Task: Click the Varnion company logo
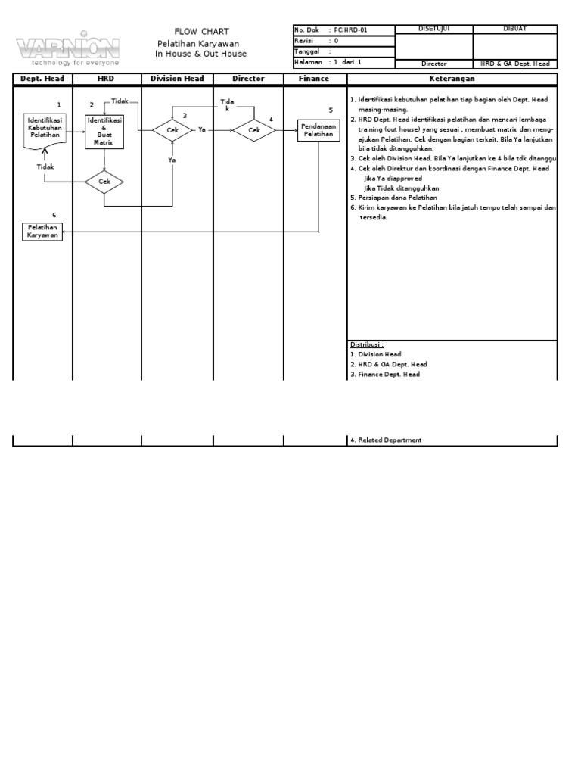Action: [68, 48]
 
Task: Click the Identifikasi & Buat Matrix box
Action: [104, 131]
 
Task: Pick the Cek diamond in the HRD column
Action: [104, 182]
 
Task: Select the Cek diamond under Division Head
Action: [172, 130]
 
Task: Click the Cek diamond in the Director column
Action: [254, 130]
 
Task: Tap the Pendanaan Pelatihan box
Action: [318, 129]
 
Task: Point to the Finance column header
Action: [313, 79]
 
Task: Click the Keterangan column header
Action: [452, 79]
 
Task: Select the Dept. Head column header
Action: [43, 79]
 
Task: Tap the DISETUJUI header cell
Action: [433, 29]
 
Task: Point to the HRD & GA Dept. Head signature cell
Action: [515, 64]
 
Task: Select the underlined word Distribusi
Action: [367, 344]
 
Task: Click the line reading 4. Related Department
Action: [386, 440]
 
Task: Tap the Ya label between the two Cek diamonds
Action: [202, 130]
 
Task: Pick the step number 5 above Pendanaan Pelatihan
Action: [331, 110]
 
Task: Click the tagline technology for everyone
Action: [69, 63]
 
